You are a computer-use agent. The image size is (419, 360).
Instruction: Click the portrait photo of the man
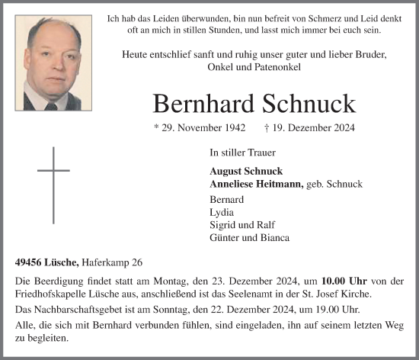point(61,63)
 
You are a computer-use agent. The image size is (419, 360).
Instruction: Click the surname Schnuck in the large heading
point(313,104)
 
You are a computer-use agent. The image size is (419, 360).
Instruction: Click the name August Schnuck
point(240,172)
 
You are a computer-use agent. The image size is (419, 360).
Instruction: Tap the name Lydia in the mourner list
point(221,212)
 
